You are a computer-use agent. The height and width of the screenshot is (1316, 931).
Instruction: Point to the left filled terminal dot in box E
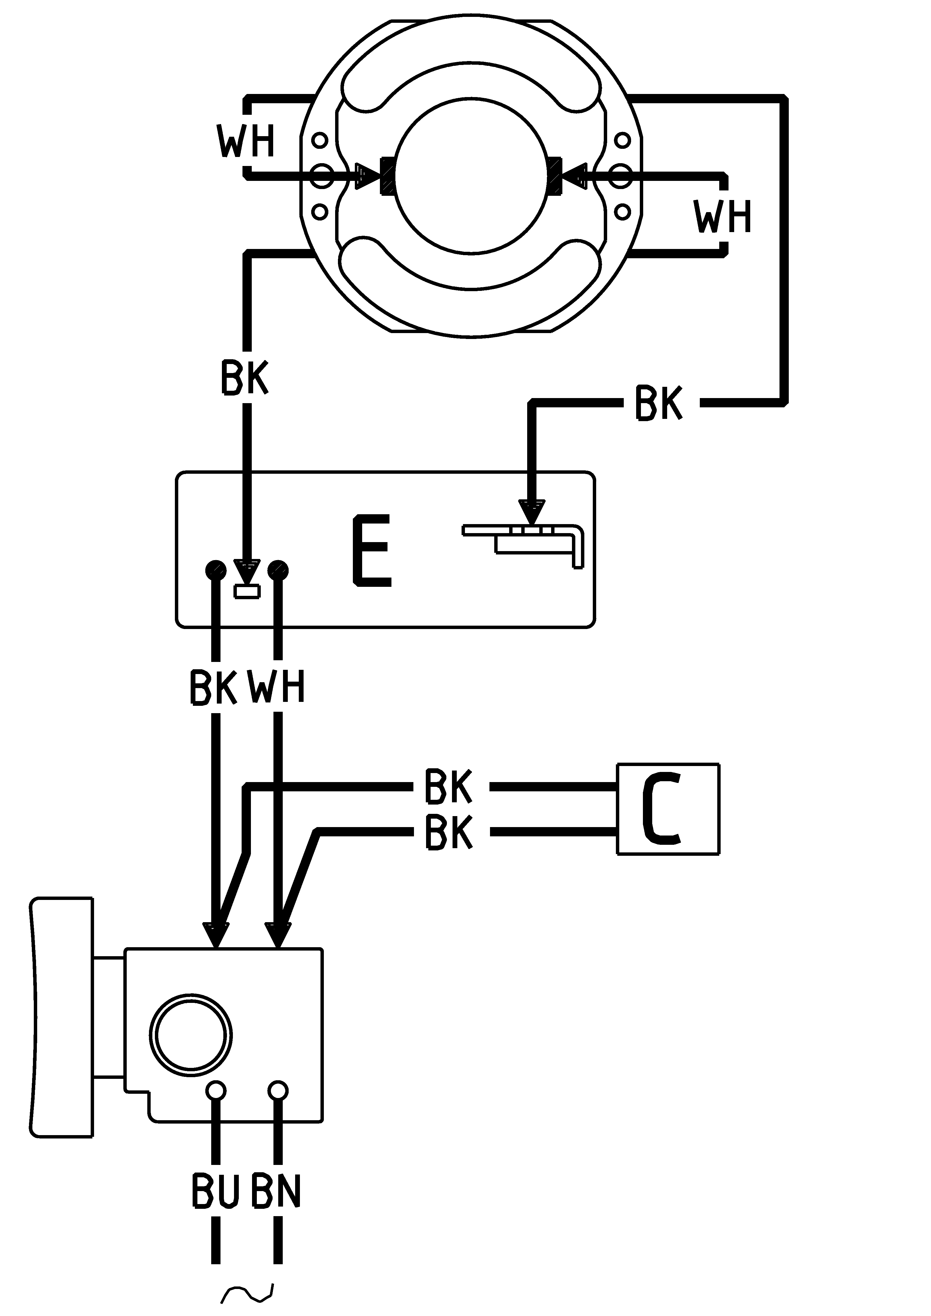tap(216, 570)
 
